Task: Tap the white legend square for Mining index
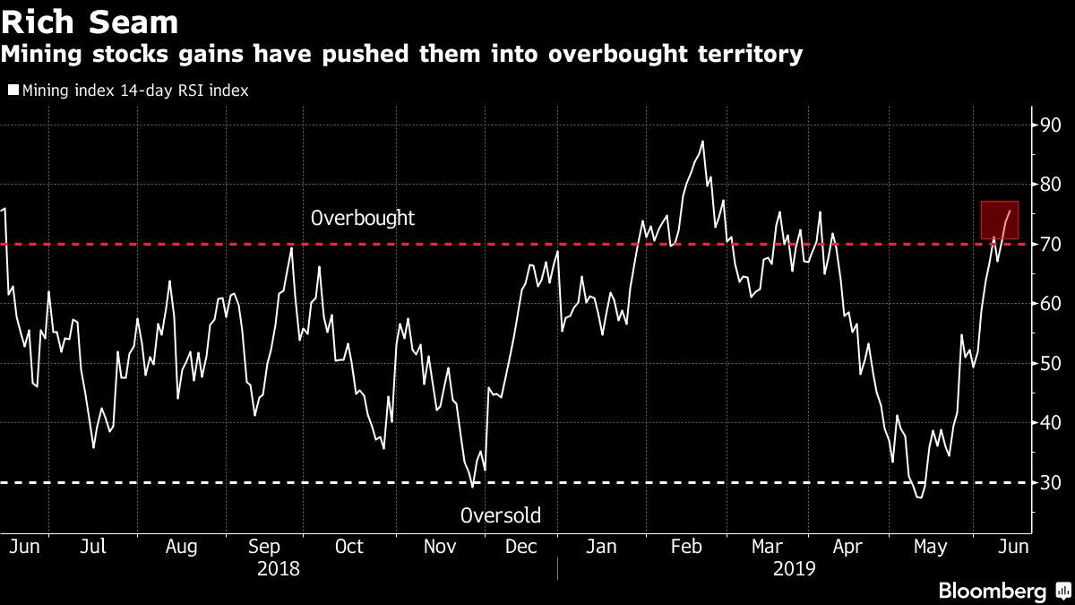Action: (13, 90)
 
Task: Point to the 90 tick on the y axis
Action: (1050, 125)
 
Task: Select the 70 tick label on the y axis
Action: (1050, 244)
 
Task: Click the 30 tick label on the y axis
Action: (1050, 482)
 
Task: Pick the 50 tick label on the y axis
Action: (1050, 363)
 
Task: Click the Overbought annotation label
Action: (363, 218)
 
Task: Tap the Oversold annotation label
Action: (500, 515)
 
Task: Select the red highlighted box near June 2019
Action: (1000, 220)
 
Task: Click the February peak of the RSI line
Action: (702, 141)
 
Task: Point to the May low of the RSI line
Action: (918, 497)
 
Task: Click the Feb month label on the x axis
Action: (686, 546)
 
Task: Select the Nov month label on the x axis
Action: (439, 546)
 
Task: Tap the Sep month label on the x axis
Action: (264, 546)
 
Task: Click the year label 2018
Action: (279, 568)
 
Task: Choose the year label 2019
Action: (794, 568)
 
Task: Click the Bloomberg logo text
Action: (992, 591)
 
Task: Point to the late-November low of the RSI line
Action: (473, 487)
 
